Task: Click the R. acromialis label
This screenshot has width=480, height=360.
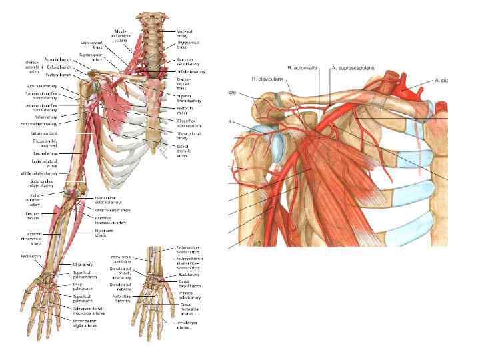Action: pyautogui.click(x=301, y=68)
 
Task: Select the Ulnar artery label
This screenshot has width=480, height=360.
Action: pyautogui.click(x=81, y=265)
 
